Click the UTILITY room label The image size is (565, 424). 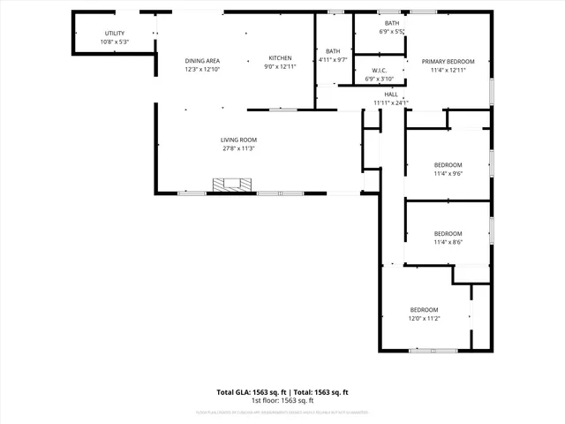pyautogui.click(x=115, y=34)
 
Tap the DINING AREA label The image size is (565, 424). pyautogui.click(x=202, y=60)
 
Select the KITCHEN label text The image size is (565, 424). pyautogui.click(x=280, y=58)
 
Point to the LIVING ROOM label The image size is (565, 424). pyautogui.click(x=238, y=140)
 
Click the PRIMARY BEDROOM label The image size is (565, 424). pyautogui.click(x=448, y=61)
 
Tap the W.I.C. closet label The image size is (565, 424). pyautogui.click(x=380, y=71)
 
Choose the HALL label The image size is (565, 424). pyautogui.click(x=391, y=94)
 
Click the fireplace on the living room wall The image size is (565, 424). pyautogui.click(x=232, y=185)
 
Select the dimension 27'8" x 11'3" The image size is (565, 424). pyautogui.click(x=238, y=148)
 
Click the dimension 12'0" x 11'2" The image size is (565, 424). pyautogui.click(x=424, y=318)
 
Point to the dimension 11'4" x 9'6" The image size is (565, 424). pyautogui.click(x=448, y=173)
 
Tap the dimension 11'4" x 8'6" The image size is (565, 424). pyautogui.click(x=448, y=242)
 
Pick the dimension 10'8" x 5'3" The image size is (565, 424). pyautogui.click(x=115, y=42)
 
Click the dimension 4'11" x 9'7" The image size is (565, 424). pyautogui.click(x=333, y=59)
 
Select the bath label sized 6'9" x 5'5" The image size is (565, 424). pyautogui.click(x=391, y=23)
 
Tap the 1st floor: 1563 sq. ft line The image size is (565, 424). pyautogui.click(x=282, y=401)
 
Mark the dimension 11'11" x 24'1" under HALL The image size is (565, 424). pyautogui.click(x=391, y=102)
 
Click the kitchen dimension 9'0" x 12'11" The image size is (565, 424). pyautogui.click(x=280, y=67)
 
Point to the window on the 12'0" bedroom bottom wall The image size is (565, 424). pyautogui.click(x=433, y=351)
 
